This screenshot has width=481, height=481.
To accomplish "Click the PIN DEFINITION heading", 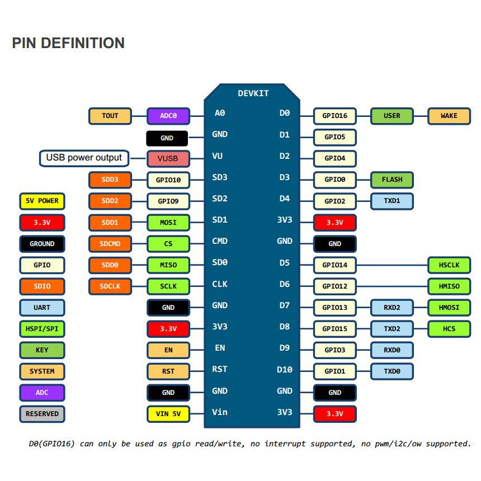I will pos(68,43).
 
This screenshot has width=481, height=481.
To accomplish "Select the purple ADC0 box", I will pos(168,116).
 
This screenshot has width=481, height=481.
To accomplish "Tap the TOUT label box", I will pos(110,116).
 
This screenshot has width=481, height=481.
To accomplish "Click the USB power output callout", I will pos(84,158).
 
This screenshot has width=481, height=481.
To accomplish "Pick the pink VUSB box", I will pos(168,158).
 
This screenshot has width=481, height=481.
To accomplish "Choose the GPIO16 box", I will pos(335,116).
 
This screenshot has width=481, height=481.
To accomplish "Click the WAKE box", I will pos(449,116).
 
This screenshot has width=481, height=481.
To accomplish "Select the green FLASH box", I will pos(392,180).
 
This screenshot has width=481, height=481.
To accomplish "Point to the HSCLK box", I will pos(449,265).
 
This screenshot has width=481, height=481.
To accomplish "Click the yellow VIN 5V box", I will pos(168,414).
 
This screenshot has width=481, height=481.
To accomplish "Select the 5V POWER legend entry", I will pos(42,201).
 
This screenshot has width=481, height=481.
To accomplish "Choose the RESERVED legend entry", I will pos(42,414).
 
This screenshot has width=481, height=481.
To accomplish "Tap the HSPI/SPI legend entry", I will pos(42,329).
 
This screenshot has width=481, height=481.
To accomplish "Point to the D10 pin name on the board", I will pos(285,369).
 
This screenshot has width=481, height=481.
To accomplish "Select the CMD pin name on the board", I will pos(220,241).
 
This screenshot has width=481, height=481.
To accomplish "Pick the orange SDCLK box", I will pos(110,286).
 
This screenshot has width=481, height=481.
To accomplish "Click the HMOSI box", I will pos(449,308).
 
